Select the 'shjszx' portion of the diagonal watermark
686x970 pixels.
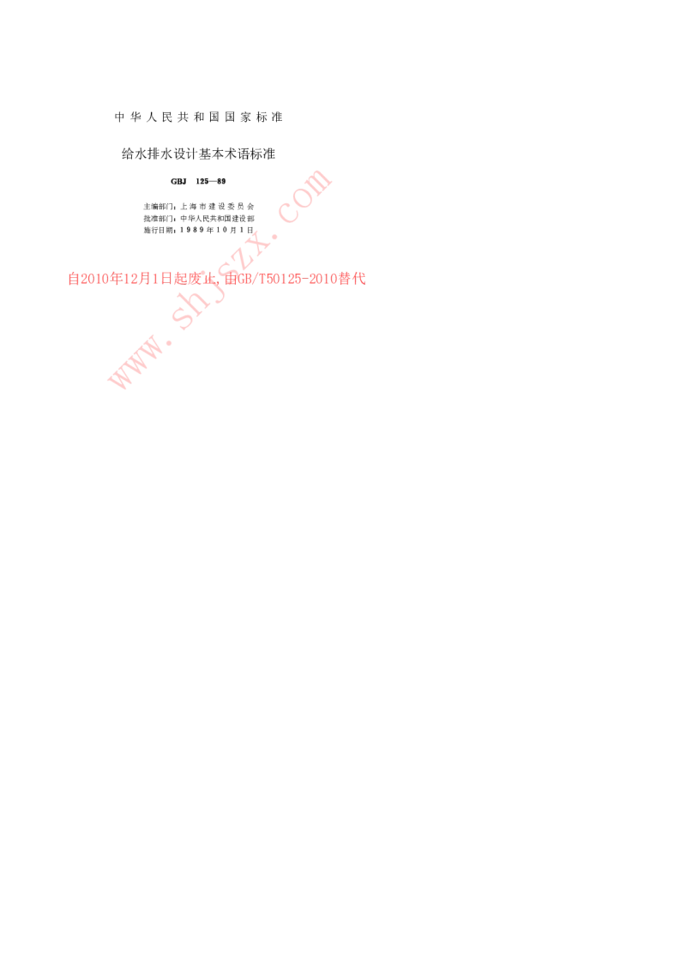(218, 280)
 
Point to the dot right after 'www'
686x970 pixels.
(165, 337)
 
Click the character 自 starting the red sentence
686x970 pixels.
(73, 279)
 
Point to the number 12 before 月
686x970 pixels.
(130, 279)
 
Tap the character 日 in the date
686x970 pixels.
(167, 279)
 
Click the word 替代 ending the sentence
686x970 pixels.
(352, 279)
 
